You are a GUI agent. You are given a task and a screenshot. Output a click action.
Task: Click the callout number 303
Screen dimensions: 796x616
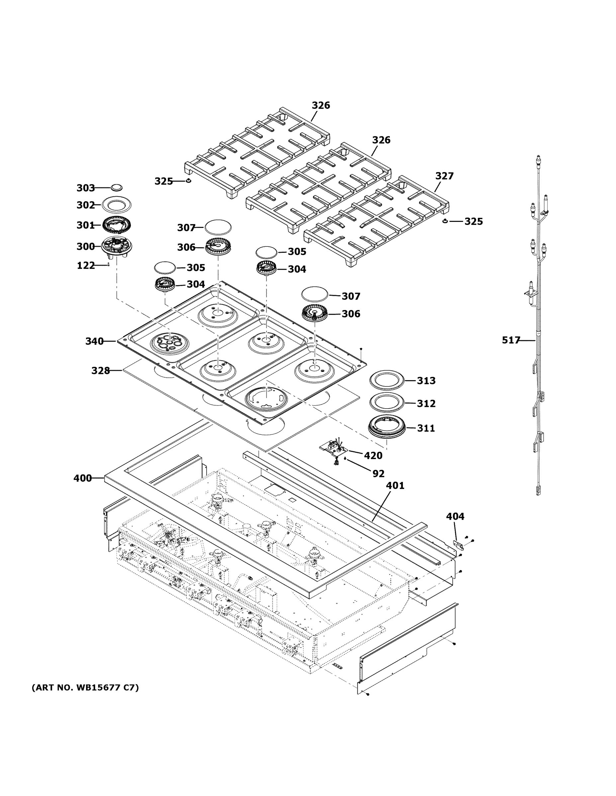(85, 188)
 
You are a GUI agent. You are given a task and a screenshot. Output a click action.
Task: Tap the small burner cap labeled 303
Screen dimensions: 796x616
(117, 187)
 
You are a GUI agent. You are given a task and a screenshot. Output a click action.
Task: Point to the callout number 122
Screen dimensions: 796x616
(86, 266)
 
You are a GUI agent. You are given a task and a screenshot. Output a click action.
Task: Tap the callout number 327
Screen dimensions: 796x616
(444, 176)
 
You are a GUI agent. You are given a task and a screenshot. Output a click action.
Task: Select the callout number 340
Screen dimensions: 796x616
(95, 342)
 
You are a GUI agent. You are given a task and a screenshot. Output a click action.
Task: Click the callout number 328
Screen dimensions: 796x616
(100, 371)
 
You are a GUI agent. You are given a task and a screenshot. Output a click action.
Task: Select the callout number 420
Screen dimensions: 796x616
(373, 456)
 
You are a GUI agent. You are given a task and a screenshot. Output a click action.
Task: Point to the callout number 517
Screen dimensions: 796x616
(510, 340)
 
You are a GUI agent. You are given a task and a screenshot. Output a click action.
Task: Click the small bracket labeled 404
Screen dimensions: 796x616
(458, 545)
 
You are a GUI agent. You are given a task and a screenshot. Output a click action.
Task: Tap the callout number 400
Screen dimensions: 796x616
(82, 478)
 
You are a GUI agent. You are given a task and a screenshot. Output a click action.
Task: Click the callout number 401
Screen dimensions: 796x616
(395, 486)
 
